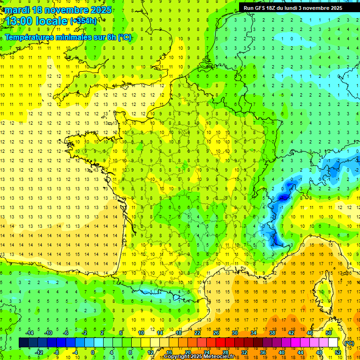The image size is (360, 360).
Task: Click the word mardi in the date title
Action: coord(16,10)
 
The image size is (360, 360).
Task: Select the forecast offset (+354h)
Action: coord(83,21)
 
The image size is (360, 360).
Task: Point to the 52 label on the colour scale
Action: coord(337,352)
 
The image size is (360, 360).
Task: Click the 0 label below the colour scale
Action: coord(92,352)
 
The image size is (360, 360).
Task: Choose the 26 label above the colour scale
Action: coord(216,333)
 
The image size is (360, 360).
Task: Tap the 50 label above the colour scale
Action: coord(328,333)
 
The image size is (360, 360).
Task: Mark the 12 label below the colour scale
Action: coord(150,352)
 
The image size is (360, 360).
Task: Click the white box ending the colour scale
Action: coord(333,343)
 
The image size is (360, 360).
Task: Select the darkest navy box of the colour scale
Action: coord(24,343)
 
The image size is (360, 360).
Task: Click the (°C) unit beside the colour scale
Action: coord(349,343)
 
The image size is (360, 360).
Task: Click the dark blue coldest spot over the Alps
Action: coord(283,198)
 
